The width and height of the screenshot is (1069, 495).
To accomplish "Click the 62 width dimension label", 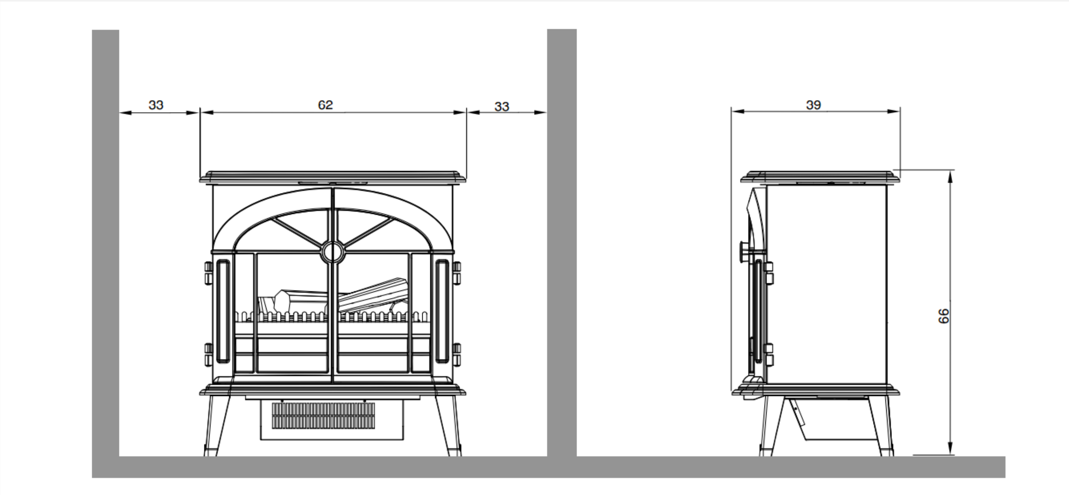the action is (x=325, y=105).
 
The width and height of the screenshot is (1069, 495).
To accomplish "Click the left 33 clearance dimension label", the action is (x=156, y=105).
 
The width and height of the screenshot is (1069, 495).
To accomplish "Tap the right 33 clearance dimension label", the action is (x=502, y=107).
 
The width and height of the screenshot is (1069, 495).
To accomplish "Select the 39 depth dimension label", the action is (x=814, y=105).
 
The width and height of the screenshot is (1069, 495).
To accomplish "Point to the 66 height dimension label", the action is (x=943, y=316).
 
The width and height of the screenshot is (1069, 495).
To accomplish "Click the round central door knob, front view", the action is (x=332, y=251).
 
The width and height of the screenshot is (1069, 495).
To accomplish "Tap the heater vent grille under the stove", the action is (x=323, y=416).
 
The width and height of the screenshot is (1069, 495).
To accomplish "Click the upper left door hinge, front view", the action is (x=208, y=273).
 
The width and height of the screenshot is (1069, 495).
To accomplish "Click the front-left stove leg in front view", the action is (x=216, y=426).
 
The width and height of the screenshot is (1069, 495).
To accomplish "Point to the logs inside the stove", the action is (x=332, y=297).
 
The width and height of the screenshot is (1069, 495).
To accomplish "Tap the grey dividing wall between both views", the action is (x=562, y=242).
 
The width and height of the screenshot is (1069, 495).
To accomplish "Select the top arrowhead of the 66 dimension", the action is (x=950, y=176).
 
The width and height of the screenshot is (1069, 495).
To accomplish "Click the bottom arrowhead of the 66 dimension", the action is (x=950, y=448).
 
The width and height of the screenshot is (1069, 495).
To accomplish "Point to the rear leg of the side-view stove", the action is (x=881, y=426).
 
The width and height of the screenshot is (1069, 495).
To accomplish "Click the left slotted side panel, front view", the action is (x=223, y=311).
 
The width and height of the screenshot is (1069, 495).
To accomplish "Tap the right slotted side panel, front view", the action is (x=442, y=311).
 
